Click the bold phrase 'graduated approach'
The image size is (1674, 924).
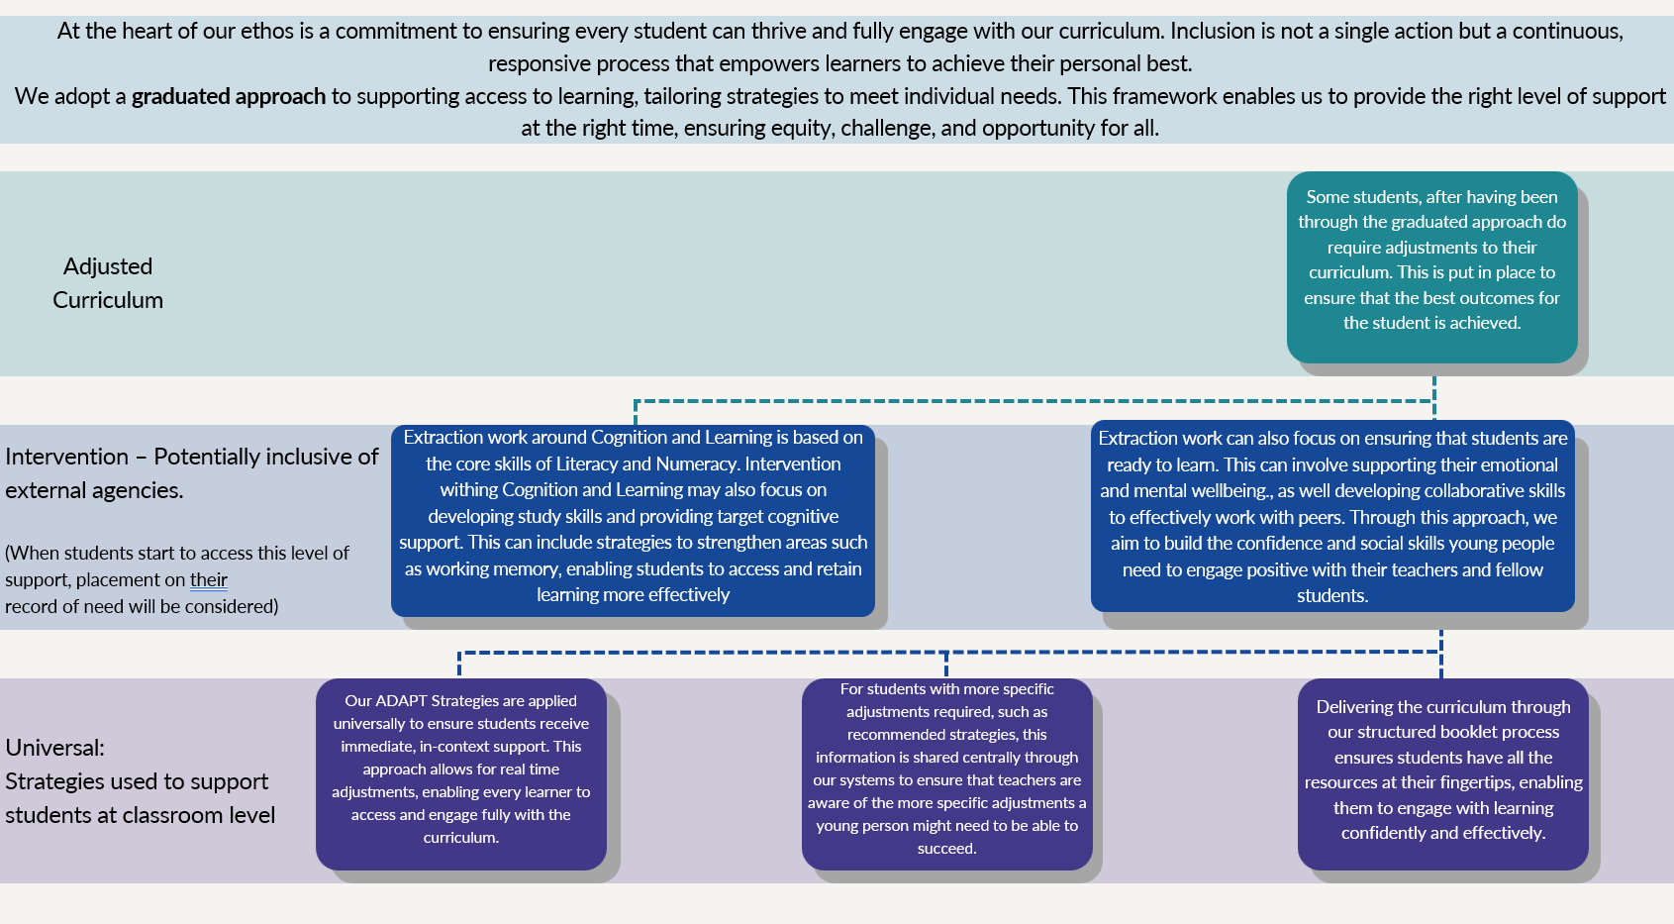(229, 96)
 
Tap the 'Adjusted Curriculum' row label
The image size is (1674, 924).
(108, 283)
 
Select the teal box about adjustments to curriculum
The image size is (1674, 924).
(1431, 266)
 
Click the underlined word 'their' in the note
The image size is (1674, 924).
(209, 580)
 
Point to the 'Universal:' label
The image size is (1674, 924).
(55, 748)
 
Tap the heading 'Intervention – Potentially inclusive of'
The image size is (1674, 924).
(191, 457)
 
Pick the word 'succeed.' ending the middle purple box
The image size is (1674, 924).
(946, 849)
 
